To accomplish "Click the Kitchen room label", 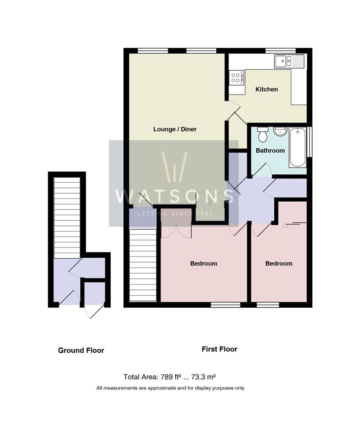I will (267, 89).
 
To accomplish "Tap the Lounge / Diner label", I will (175, 129).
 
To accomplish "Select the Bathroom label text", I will (270, 151).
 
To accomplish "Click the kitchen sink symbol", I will (289, 61).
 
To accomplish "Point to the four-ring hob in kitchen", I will (236, 77).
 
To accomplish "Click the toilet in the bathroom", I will (262, 134).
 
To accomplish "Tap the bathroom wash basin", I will (280, 132).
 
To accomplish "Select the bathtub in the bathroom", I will (298, 147).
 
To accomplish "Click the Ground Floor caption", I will (81, 350).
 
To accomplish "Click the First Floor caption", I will (219, 349).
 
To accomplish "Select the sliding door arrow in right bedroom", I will (285, 226).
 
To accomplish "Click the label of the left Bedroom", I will (204, 263).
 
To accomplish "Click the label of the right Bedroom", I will (279, 263).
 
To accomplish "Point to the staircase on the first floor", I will (143, 265).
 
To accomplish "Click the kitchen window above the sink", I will (280, 51).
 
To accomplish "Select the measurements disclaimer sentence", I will (170, 388).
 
